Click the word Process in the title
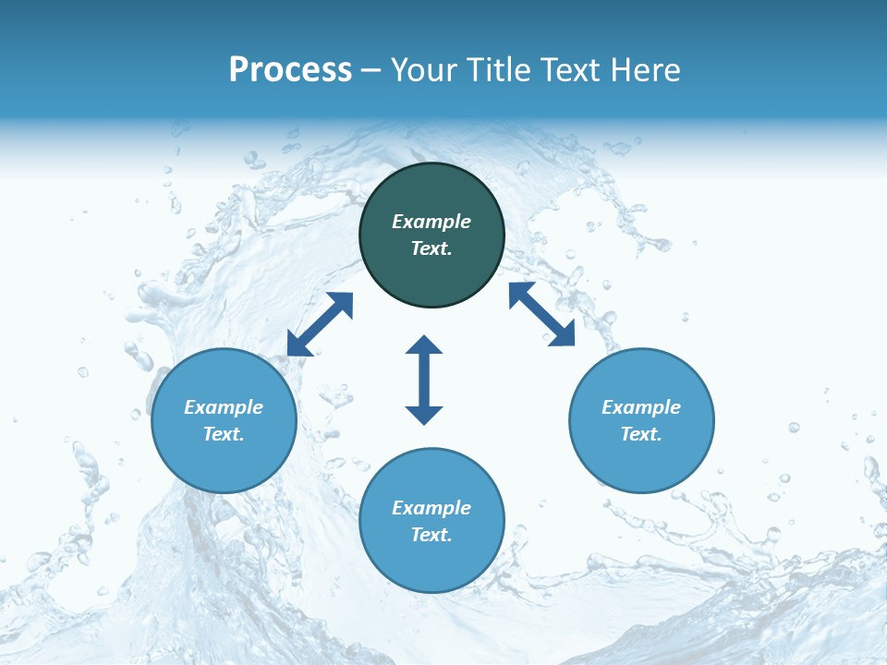click(290, 70)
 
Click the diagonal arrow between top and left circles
click(320, 324)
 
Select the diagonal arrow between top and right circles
click(541, 314)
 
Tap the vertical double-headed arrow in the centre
click(424, 381)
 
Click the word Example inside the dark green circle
click(431, 222)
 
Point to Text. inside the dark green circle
click(431, 248)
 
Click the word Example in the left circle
click(224, 407)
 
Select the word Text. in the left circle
click(224, 434)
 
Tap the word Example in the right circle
click(641, 407)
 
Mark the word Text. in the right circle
click(641, 434)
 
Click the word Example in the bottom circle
click(431, 508)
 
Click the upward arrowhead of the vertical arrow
click(424, 345)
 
